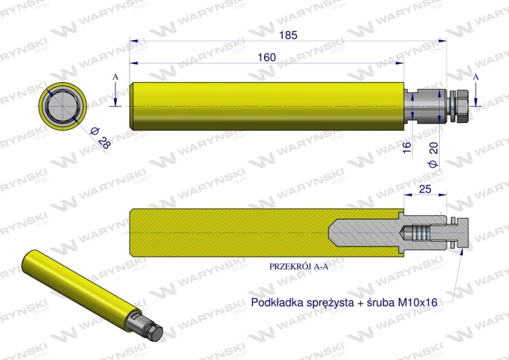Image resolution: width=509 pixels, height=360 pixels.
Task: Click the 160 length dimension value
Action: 267,57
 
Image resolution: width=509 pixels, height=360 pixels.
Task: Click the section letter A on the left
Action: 115,79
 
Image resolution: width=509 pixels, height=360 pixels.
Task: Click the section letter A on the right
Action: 476,77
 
